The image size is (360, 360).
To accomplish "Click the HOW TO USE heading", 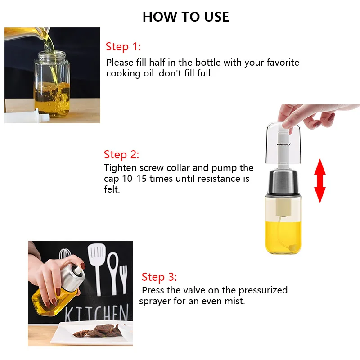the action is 186,17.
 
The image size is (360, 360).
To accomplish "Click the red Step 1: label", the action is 123,47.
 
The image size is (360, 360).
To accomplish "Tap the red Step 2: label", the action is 121,154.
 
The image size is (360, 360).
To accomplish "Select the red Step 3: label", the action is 159,277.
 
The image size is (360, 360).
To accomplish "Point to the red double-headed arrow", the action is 320,181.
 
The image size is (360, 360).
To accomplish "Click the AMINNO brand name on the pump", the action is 283,144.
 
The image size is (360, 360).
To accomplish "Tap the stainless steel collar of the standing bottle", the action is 283,181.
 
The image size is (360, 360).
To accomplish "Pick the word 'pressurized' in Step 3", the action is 263,291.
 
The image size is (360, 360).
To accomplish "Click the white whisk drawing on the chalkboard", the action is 65,256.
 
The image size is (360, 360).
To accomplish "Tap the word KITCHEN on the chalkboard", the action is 96,312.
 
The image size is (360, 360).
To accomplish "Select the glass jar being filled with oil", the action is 52,84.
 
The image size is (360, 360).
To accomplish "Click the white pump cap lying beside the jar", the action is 27,116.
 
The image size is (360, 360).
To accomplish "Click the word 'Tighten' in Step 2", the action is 120,168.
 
